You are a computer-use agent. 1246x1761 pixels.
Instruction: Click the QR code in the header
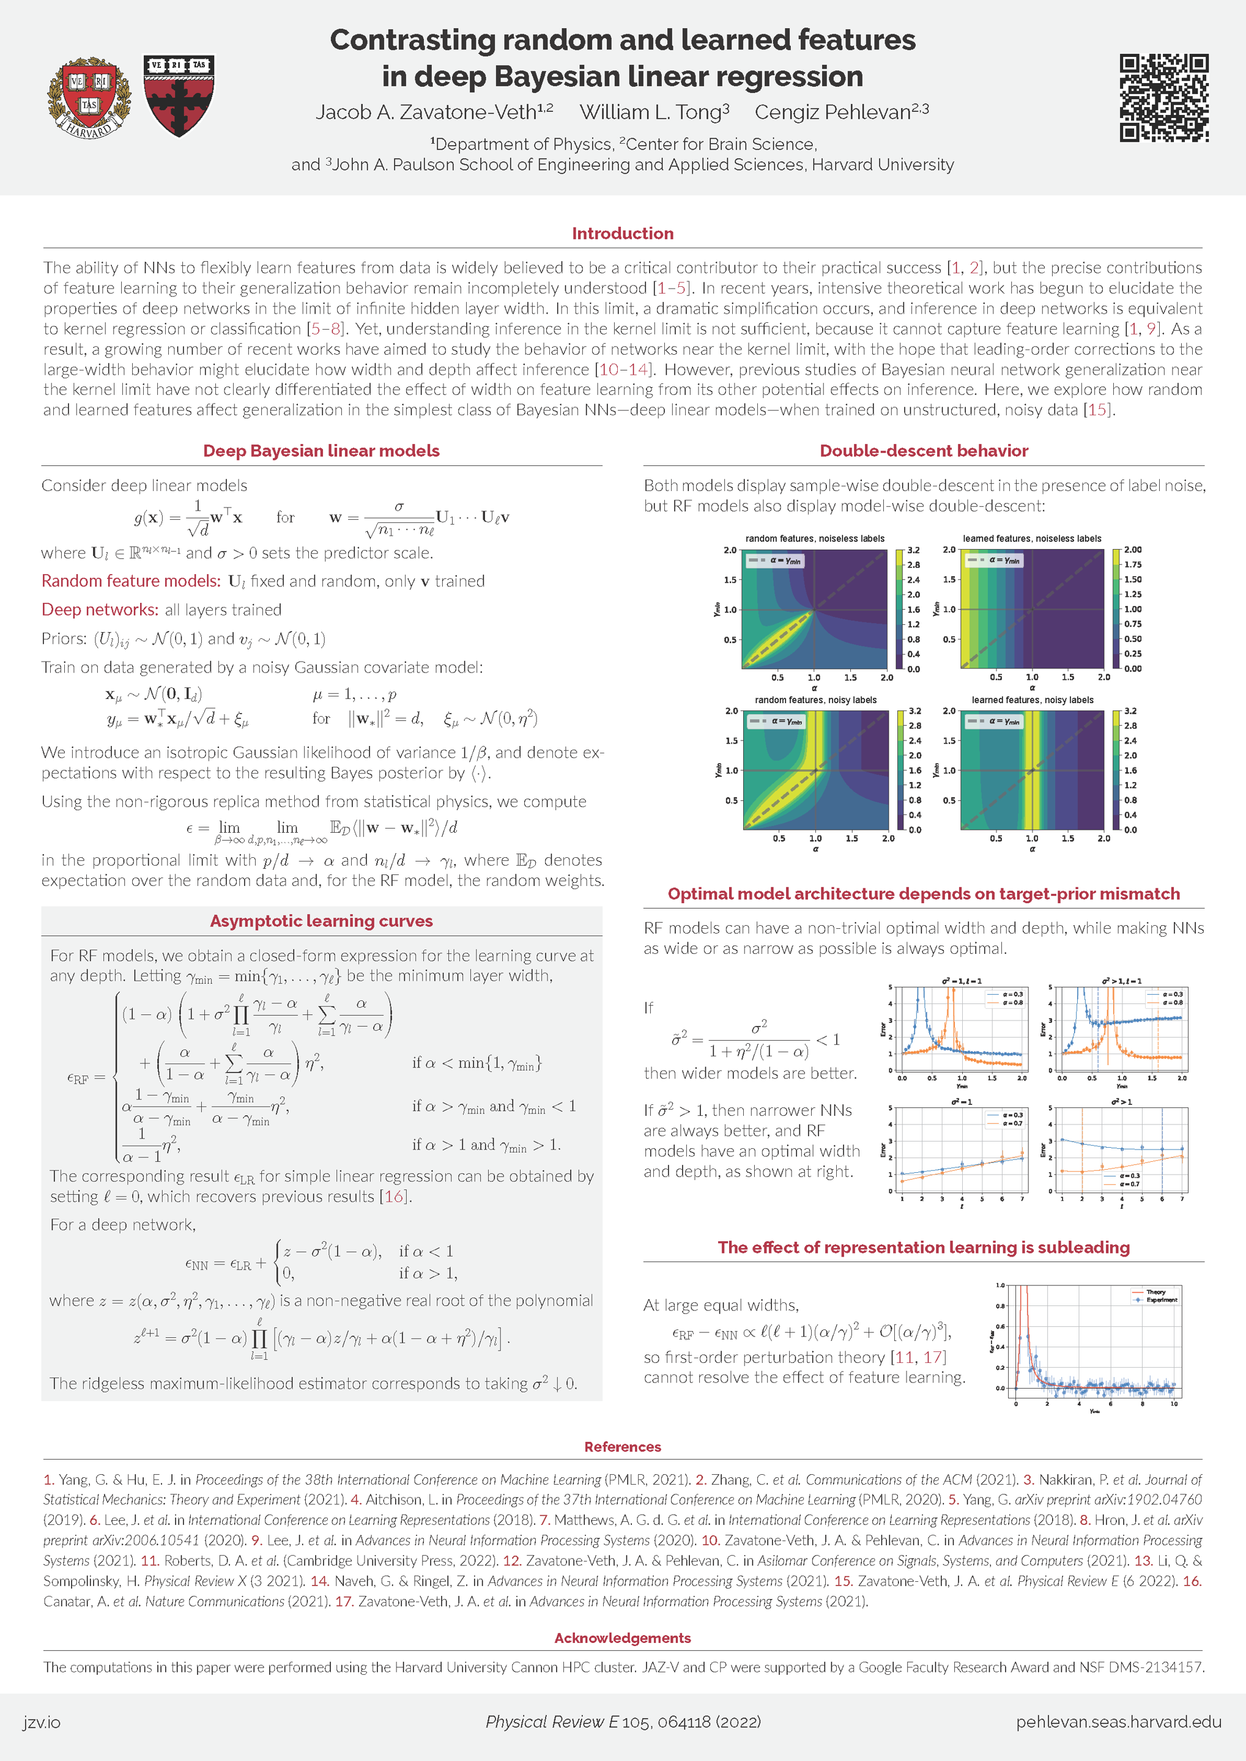click(x=1163, y=98)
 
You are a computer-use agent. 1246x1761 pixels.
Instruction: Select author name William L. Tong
click(x=654, y=112)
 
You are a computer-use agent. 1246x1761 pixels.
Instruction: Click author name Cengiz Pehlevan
click(x=841, y=112)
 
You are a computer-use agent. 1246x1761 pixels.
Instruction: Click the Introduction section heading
click(x=622, y=233)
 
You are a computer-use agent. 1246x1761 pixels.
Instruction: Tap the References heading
click(x=622, y=1447)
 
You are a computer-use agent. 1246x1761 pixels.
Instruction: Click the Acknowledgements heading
click(x=622, y=1637)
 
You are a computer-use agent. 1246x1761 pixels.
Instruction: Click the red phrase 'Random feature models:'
click(x=130, y=581)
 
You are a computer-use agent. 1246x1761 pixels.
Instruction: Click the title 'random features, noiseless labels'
click(x=814, y=539)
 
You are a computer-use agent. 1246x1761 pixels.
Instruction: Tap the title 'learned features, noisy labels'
click(x=1032, y=700)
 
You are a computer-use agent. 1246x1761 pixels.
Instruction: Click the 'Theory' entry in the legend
click(x=1155, y=1291)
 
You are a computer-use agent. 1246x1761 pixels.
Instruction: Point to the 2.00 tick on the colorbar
click(x=1132, y=550)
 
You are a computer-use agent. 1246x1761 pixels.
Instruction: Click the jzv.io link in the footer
click(x=42, y=1722)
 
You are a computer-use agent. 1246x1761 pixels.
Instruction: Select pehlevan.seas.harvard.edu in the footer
click(x=1118, y=1722)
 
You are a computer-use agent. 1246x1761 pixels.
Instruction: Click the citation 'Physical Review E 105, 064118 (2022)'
click(x=622, y=1722)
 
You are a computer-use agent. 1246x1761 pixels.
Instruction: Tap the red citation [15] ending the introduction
click(x=1098, y=410)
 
